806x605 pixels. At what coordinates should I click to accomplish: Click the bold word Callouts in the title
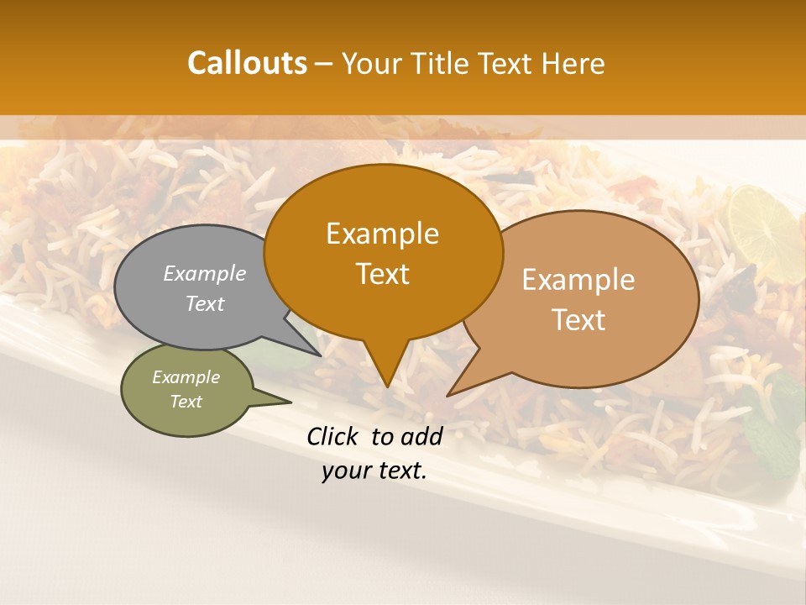coord(247,63)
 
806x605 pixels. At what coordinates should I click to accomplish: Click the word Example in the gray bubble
coord(205,273)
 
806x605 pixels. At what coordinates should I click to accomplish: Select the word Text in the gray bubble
coord(205,303)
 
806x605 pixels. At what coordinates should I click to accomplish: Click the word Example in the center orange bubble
coord(382,234)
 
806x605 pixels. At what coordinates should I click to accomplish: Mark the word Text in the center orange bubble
coord(382,274)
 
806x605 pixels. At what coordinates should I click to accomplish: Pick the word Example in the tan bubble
coord(578,280)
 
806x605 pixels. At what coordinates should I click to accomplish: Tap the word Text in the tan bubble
coord(579,319)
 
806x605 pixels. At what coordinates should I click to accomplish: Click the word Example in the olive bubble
coord(186,377)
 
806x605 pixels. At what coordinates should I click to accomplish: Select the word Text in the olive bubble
coord(186,402)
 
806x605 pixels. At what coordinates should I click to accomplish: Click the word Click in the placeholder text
coord(334,436)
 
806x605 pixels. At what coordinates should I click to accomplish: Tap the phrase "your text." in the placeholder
coord(374,471)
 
